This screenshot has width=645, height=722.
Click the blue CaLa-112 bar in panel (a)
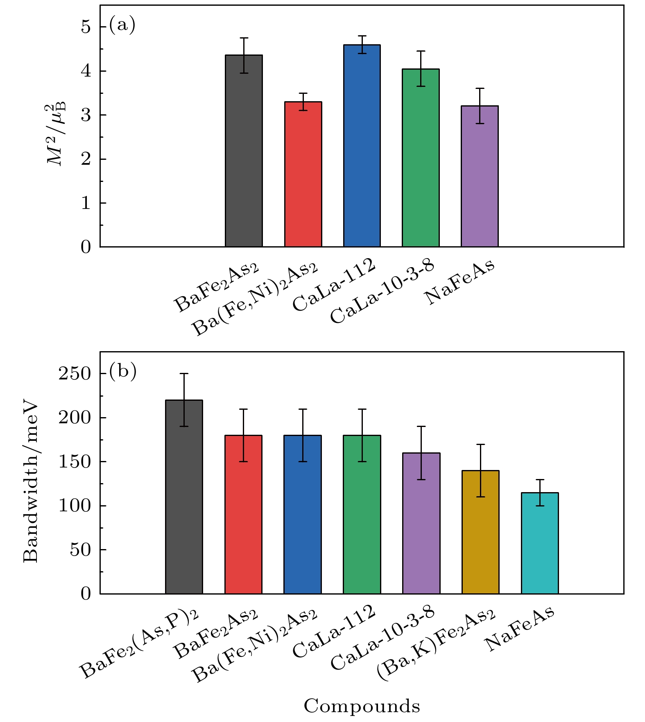coord(362,146)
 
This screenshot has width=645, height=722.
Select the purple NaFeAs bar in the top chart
coord(480,176)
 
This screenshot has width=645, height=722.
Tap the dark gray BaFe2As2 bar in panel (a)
coord(244,151)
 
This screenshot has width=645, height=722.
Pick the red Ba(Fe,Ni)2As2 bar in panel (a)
coord(303,174)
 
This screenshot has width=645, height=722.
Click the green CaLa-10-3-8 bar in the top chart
coord(421,158)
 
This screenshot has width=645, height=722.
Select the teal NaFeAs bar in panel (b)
coord(540,543)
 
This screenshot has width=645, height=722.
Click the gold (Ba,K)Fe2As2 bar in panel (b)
coord(480,532)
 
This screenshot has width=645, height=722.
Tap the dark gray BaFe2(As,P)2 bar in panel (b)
coord(184,497)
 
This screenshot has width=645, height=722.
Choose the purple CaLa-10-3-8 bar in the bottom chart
coord(421,523)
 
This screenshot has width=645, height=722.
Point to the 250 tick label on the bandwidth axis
coord(75,374)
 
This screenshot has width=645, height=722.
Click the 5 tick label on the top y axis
coord(86,27)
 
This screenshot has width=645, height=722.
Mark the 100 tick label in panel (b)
coord(75,506)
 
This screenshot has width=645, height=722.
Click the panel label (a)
coord(122,25)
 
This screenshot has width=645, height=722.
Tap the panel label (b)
coord(122,371)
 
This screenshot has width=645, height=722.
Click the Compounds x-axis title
coord(362,706)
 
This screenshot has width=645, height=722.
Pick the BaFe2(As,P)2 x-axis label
coord(139,643)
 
